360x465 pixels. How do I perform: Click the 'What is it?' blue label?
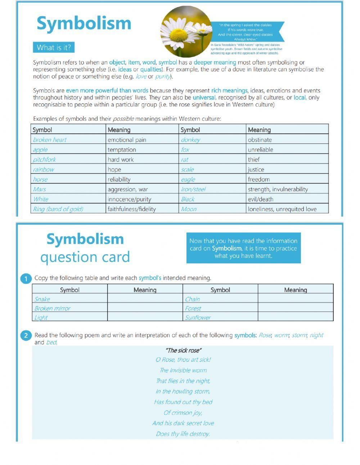pos(54,48)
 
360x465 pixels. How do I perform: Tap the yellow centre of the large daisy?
pos(179,36)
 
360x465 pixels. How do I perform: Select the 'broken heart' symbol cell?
pos(50,140)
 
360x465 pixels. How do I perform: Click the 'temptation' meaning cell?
pos(122,150)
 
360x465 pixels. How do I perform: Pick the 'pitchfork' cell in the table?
pos(44,160)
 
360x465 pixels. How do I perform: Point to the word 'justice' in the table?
pos(256,170)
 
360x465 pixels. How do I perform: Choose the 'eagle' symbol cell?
pos(188,179)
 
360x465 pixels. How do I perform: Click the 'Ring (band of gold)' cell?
pos(58,209)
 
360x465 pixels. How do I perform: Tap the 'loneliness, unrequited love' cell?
pos(282,209)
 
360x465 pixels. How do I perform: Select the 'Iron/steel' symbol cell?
pos(193,189)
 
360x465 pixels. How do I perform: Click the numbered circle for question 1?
pos(26,279)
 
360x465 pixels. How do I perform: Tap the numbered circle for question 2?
pos(26,336)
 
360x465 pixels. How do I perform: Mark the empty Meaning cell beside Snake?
pos(145,299)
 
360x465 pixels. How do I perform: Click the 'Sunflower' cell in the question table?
pos(198,317)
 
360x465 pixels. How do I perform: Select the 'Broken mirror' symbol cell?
pos(52,308)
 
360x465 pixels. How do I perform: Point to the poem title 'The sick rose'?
pos(183,350)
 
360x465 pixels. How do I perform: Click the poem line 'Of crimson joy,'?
pos(183,413)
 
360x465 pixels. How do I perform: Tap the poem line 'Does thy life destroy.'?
pos(183,434)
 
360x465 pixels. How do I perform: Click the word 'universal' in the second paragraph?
pos(204,98)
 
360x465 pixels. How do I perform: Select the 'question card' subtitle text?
pos(85,257)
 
